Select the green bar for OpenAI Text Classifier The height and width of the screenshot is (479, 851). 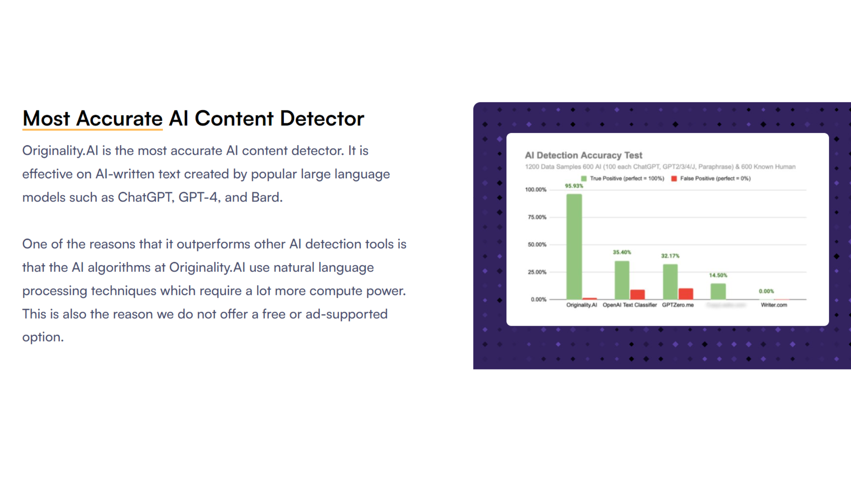(622, 280)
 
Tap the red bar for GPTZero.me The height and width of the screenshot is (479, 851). (686, 294)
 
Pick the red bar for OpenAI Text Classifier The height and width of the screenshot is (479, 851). (637, 295)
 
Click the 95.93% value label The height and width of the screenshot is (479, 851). (574, 186)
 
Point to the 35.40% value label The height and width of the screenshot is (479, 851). (622, 252)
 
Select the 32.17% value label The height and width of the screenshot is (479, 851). (670, 256)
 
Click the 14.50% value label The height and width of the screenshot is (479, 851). (718, 275)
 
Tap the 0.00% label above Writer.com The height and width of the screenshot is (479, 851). (766, 291)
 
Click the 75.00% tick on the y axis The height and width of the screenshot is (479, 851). (537, 217)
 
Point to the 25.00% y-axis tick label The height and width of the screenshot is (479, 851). (537, 272)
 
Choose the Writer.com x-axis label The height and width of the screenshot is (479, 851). (774, 305)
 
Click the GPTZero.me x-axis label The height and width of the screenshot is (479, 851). (678, 305)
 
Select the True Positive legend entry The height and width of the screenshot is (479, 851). (623, 178)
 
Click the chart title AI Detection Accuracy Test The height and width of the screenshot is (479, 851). (584, 155)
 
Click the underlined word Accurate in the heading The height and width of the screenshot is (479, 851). (120, 119)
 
